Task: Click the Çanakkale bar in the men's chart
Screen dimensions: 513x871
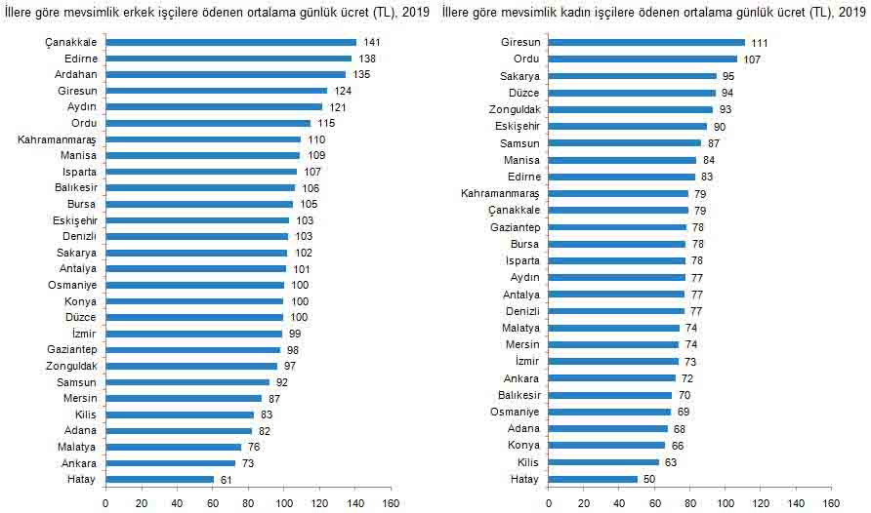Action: (230, 43)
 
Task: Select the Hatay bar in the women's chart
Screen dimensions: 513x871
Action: (593, 479)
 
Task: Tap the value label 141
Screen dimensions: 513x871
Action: (371, 43)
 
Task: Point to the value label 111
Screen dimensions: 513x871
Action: (760, 43)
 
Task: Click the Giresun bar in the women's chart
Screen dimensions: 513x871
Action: (646, 43)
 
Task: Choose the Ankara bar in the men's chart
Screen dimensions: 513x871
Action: (170, 463)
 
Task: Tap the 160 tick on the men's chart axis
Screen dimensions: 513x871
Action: (391, 503)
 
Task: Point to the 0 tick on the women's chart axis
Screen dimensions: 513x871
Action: (549, 503)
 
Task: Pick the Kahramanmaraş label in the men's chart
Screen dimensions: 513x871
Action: (57, 140)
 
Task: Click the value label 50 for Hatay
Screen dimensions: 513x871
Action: (649, 479)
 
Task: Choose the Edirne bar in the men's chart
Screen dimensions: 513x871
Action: (228, 59)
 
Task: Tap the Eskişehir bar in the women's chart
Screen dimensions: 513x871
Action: (628, 126)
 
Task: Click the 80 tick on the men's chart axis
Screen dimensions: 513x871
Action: (248, 503)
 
